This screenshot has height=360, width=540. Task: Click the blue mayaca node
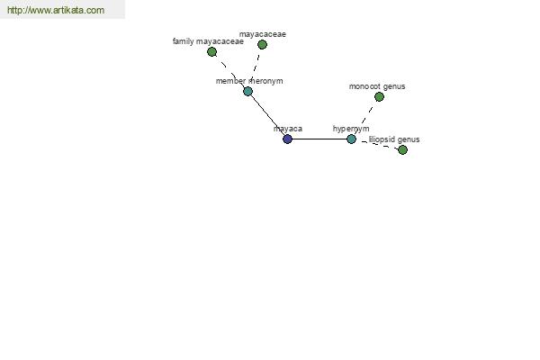288,139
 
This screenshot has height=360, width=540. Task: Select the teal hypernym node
351,139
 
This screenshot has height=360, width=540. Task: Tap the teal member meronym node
248,92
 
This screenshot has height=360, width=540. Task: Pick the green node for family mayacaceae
212,52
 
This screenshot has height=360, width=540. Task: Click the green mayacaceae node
263,44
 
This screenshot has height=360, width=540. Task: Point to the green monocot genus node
379,97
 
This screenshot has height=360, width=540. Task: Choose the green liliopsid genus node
402,150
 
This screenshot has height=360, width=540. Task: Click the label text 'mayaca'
288,129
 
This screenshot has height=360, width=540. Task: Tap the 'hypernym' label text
351,129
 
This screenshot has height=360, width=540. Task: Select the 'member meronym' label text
249,81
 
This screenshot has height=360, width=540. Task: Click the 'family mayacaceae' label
208,41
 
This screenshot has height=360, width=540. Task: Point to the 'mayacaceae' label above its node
263,34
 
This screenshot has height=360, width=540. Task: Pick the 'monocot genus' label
377,86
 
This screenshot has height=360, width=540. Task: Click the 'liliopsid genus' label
394,139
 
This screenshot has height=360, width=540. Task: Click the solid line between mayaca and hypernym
319,139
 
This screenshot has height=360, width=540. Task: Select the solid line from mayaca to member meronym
267,115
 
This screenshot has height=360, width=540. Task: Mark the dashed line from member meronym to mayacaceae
256,67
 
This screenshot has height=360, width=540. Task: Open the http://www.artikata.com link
56,10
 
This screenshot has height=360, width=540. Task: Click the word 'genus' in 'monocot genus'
394,86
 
